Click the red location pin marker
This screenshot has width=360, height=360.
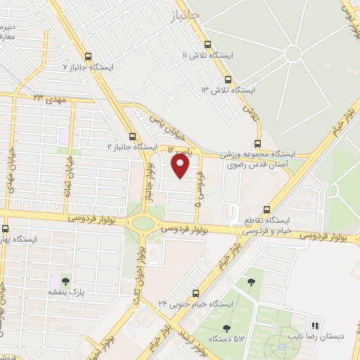click(x=181, y=165)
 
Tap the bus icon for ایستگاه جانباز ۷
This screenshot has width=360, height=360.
click(x=88, y=57)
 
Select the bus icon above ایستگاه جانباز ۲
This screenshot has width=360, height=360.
click(x=132, y=136)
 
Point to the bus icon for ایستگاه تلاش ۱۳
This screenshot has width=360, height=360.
click(x=227, y=79)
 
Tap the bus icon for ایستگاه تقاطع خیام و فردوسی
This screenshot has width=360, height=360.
click(x=266, y=210)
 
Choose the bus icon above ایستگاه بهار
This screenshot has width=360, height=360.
click(x=6, y=229)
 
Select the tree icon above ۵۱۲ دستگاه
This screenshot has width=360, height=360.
click(x=226, y=328)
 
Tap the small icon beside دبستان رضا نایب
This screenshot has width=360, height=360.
click(x=315, y=326)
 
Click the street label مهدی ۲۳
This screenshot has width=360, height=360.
click(x=50, y=98)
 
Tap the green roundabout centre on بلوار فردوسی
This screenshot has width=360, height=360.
click(x=143, y=224)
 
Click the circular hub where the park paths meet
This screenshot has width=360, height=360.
click(x=292, y=53)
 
